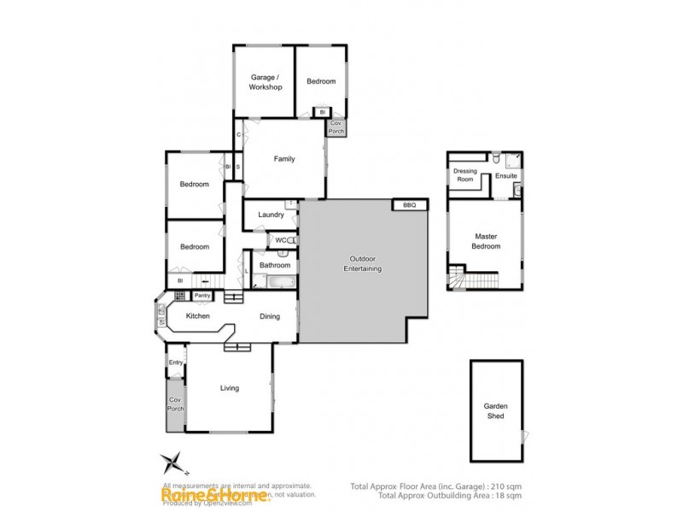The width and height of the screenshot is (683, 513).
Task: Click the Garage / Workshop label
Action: tap(266, 82)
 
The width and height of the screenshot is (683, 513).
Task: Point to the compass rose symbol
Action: tap(173, 463)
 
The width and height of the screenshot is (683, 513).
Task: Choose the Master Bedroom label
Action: tap(486, 241)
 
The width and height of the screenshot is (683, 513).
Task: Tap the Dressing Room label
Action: tap(464, 175)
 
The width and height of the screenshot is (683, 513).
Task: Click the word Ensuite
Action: tap(506, 176)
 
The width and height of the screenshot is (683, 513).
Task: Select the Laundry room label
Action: tap(271, 215)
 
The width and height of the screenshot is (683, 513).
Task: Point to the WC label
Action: tap(280, 240)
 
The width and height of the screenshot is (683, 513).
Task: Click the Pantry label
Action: tap(202, 296)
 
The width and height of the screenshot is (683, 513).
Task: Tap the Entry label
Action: tap(176, 363)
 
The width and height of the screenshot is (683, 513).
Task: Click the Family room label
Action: tap(284, 159)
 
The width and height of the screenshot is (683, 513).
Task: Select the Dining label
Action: tap(270, 316)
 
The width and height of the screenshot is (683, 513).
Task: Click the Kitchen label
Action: tap(198, 316)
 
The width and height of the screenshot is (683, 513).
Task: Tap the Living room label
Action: tap(230, 388)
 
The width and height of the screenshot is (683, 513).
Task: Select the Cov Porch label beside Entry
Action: tap(176, 404)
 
